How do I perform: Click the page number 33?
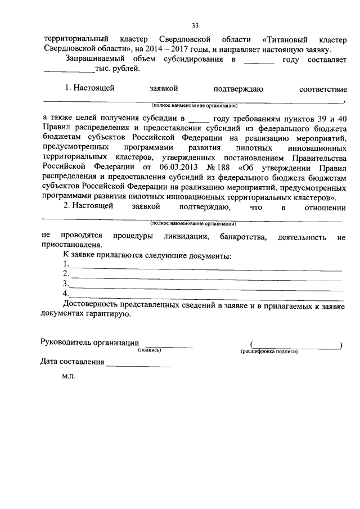[x=195, y=25]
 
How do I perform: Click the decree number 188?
[x=223, y=168]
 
